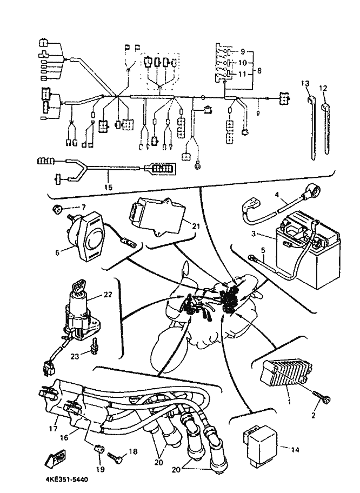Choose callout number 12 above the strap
[x=323, y=88]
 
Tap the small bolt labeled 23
[x=95, y=344]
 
